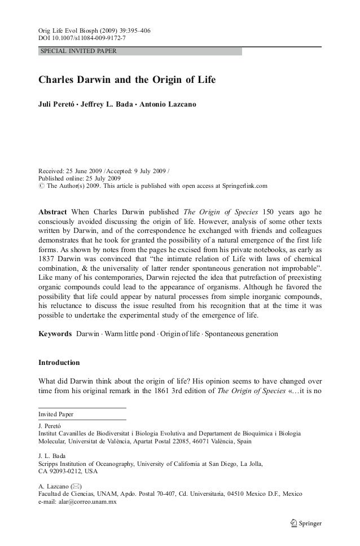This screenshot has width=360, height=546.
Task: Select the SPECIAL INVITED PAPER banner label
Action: (x=77, y=51)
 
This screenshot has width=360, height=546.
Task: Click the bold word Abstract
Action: (x=54, y=212)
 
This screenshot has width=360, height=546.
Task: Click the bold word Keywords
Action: (x=54, y=334)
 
